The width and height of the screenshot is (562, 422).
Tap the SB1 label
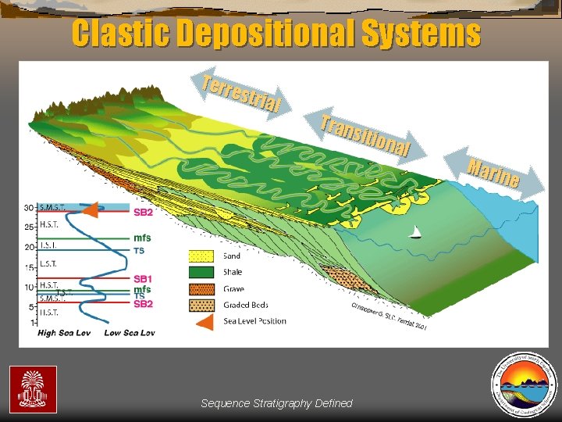143,279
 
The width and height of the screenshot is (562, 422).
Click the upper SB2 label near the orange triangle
143,212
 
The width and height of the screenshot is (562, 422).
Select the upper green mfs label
142,238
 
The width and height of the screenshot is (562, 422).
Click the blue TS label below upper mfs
139,251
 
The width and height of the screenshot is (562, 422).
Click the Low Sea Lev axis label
130,333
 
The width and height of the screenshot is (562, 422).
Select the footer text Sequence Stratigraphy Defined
276,403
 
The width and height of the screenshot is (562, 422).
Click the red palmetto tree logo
33,388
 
